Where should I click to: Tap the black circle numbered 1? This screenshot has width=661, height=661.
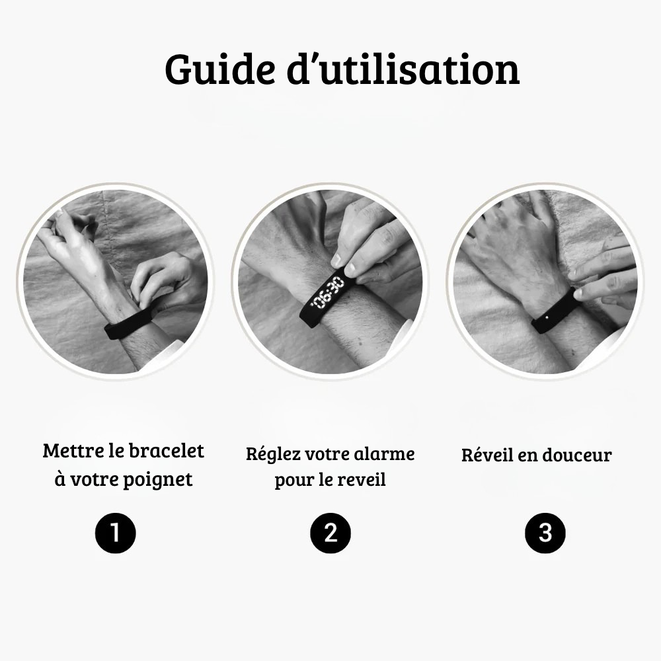(x=116, y=532)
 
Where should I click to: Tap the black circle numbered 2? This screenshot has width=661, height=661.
(x=330, y=532)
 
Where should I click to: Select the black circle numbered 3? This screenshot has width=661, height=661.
(x=545, y=532)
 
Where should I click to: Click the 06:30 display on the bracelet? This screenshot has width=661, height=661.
(x=329, y=293)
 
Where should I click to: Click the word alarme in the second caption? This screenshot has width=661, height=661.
(x=385, y=454)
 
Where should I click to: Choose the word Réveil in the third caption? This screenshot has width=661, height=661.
(x=488, y=455)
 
